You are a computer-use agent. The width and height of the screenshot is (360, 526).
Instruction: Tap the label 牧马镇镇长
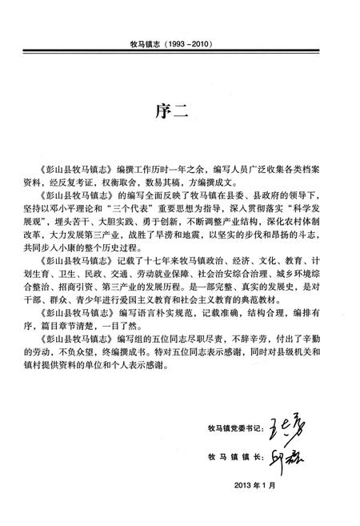[230, 462]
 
